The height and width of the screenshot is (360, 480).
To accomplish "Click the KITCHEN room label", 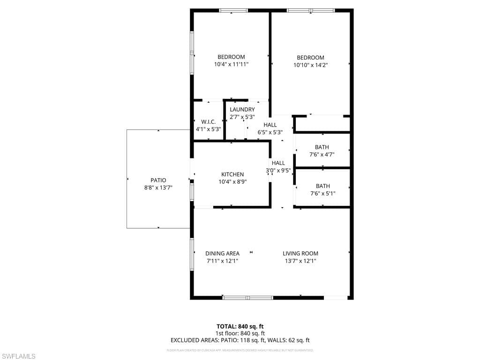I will [x=232, y=174].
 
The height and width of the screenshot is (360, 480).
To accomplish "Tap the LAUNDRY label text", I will [x=242, y=110].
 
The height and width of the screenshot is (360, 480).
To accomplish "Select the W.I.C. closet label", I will [x=208, y=122].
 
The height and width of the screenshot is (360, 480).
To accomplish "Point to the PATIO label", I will [x=158, y=180].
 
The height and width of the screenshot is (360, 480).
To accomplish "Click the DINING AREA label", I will [x=222, y=254].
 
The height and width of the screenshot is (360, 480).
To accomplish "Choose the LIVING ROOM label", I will [x=300, y=254].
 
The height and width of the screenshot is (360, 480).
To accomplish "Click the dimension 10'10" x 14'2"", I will [x=310, y=66].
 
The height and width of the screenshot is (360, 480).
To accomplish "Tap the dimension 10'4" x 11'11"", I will [x=231, y=64].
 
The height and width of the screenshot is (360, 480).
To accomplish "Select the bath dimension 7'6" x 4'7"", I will [x=322, y=154].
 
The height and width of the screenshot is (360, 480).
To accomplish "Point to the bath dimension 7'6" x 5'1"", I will [x=322, y=193].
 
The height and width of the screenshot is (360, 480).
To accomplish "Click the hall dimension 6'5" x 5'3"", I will [x=270, y=132].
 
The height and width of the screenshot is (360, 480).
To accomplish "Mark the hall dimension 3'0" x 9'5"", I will [x=278, y=171].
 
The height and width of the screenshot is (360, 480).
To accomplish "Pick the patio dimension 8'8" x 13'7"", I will [x=158, y=187].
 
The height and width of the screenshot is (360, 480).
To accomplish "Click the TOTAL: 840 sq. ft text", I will [x=240, y=326].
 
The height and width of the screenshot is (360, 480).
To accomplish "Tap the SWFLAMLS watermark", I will [x=19, y=356].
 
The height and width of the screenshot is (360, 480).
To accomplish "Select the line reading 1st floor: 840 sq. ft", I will [x=240, y=333].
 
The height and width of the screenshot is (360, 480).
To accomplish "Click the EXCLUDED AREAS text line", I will [x=240, y=341].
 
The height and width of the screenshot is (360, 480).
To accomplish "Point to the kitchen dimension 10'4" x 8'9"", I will [x=232, y=181].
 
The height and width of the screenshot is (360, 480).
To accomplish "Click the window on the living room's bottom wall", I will [x=247, y=297].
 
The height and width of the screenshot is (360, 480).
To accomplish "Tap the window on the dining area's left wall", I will [x=192, y=254].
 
